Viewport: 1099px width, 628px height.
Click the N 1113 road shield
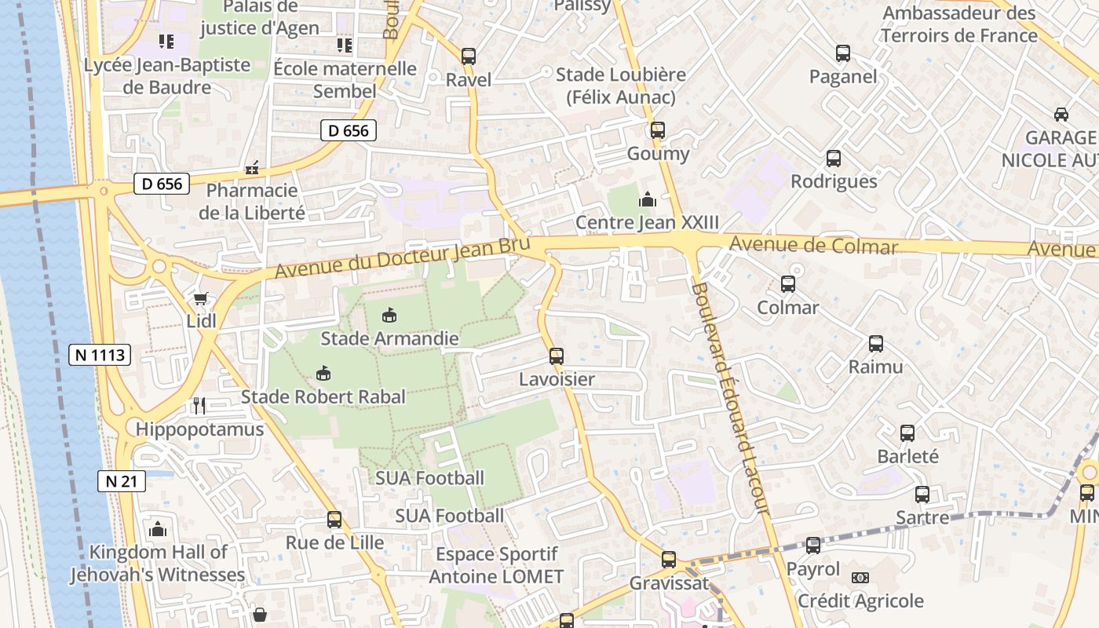(98, 355)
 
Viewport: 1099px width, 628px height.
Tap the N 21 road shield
(122, 481)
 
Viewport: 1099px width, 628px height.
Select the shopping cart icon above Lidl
(200, 299)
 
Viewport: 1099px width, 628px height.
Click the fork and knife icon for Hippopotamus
(199, 405)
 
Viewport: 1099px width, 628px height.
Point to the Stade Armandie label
(389, 339)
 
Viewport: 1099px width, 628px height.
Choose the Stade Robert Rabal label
(323, 396)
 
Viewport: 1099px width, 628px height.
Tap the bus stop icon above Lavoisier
(557, 356)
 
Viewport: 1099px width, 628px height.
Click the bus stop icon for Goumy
(657, 130)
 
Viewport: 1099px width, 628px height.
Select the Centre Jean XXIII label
(647, 222)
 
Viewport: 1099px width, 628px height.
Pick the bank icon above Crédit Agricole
(860, 578)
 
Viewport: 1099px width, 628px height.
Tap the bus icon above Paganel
(843, 53)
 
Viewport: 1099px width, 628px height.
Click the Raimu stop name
(875, 367)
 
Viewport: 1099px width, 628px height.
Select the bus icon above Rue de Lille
(334, 520)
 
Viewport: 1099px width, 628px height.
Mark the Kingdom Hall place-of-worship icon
(158, 529)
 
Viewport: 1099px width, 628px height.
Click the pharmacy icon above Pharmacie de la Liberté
(252, 167)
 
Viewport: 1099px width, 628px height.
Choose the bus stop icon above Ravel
(469, 56)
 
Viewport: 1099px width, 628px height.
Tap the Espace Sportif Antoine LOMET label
(496, 565)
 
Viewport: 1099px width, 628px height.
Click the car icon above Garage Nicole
(1061, 114)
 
